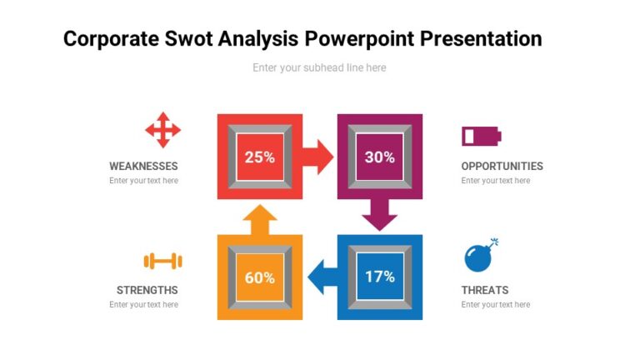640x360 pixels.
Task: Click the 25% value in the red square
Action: (x=259, y=157)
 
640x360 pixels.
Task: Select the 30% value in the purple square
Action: (x=379, y=157)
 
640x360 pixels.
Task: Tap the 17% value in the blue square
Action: (x=379, y=277)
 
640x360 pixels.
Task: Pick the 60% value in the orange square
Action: (x=259, y=277)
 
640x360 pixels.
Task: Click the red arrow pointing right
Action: (x=317, y=157)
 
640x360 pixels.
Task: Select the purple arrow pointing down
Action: (x=379, y=215)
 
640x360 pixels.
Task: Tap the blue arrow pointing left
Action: (x=322, y=277)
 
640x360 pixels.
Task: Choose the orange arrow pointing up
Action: (x=260, y=220)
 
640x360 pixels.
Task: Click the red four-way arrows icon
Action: (x=162, y=129)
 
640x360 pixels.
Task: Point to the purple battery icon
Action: (x=482, y=136)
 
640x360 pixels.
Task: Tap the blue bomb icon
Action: (x=479, y=257)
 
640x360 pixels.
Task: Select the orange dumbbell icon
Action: (x=162, y=262)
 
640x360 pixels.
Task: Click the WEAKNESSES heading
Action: (x=143, y=166)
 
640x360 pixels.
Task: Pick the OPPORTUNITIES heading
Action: (x=502, y=166)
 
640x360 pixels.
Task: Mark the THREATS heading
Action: (x=484, y=290)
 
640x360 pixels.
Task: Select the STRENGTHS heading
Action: (x=147, y=290)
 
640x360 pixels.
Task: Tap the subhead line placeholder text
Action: (x=319, y=67)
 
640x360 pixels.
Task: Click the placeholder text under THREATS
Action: (x=495, y=305)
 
